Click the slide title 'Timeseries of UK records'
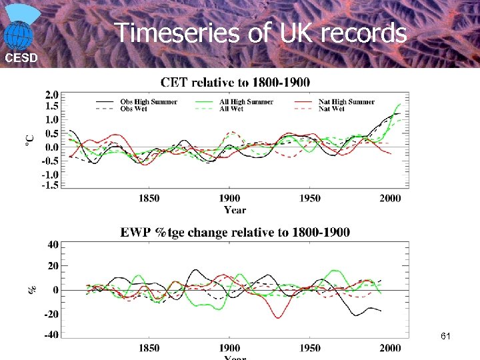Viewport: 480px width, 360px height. click(261, 32)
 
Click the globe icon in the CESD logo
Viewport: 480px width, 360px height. click(19, 34)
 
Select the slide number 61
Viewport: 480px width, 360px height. click(446, 337)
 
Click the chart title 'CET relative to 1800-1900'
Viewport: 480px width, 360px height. click(235, 82)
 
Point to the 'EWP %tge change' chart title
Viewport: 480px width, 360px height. click(235, 233)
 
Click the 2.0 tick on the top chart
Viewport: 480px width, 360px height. click(51, 94)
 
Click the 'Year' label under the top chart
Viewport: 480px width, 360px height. click(235, 210)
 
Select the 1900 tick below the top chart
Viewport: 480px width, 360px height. click(229, 199)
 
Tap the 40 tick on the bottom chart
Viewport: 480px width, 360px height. click(51, 244)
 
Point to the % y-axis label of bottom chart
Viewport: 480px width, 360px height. click(31, 290)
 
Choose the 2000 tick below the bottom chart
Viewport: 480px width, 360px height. click(390, 348)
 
